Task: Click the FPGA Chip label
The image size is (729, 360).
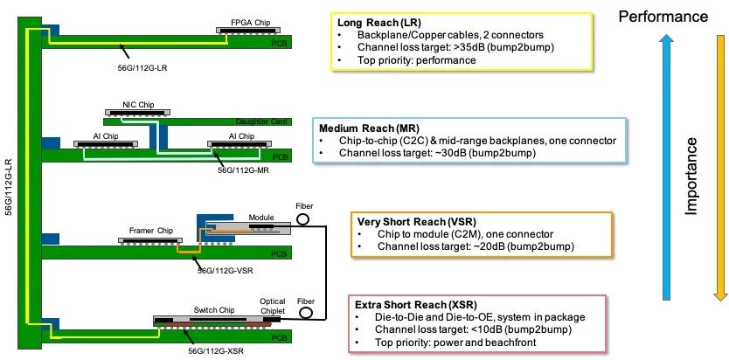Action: pos(250,23)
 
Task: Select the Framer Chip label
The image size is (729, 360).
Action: pos(151,231)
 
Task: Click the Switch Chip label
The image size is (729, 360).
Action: pos(214,310)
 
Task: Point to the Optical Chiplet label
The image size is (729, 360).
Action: pos(273,305)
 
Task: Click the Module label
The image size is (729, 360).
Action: pos(261,217)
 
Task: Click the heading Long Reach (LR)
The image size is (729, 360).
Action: pos(372,23)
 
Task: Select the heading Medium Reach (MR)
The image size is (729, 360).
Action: pos(369,128)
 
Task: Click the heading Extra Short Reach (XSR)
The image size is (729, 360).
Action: pos(416,305)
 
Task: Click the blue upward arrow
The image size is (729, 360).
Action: pos(667,168)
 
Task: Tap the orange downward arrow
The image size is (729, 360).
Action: pos(719,168)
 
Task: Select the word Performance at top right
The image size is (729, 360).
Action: pos(663,17)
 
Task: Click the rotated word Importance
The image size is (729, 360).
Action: pos(691,177)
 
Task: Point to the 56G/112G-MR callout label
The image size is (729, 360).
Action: pos(244,170)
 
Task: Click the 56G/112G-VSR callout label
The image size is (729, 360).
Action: pos(226,270)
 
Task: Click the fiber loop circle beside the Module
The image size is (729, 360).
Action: pos(302,219)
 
